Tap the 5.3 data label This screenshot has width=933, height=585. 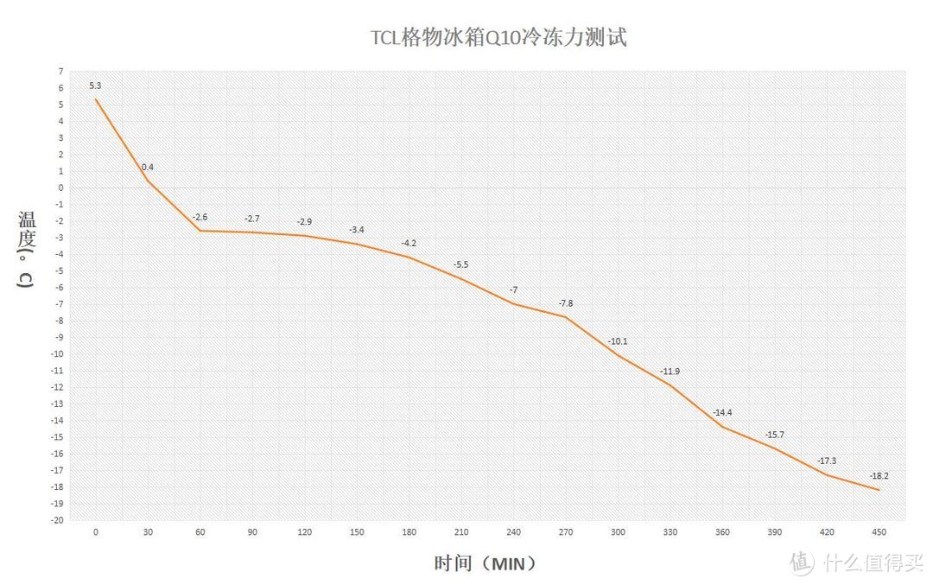click(95, 86)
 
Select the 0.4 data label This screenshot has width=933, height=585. click(148, 167)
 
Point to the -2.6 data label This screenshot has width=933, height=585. click(200, 217)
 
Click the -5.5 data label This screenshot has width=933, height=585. click(460, 264)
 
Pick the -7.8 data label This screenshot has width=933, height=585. click(565, 303)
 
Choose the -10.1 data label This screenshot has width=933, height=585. click(618, 341)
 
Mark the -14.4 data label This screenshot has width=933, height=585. click(722, 413)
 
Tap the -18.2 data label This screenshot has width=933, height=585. click(879, 476)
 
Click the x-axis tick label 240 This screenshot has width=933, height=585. click(513, 533)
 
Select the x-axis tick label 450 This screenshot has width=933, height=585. click(879, 533)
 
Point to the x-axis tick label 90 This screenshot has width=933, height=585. click(252, 533)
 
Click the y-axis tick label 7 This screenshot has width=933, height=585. click(60, 71)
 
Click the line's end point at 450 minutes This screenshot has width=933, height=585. click(879, 490)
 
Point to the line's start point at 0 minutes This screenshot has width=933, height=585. click(96, 99)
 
